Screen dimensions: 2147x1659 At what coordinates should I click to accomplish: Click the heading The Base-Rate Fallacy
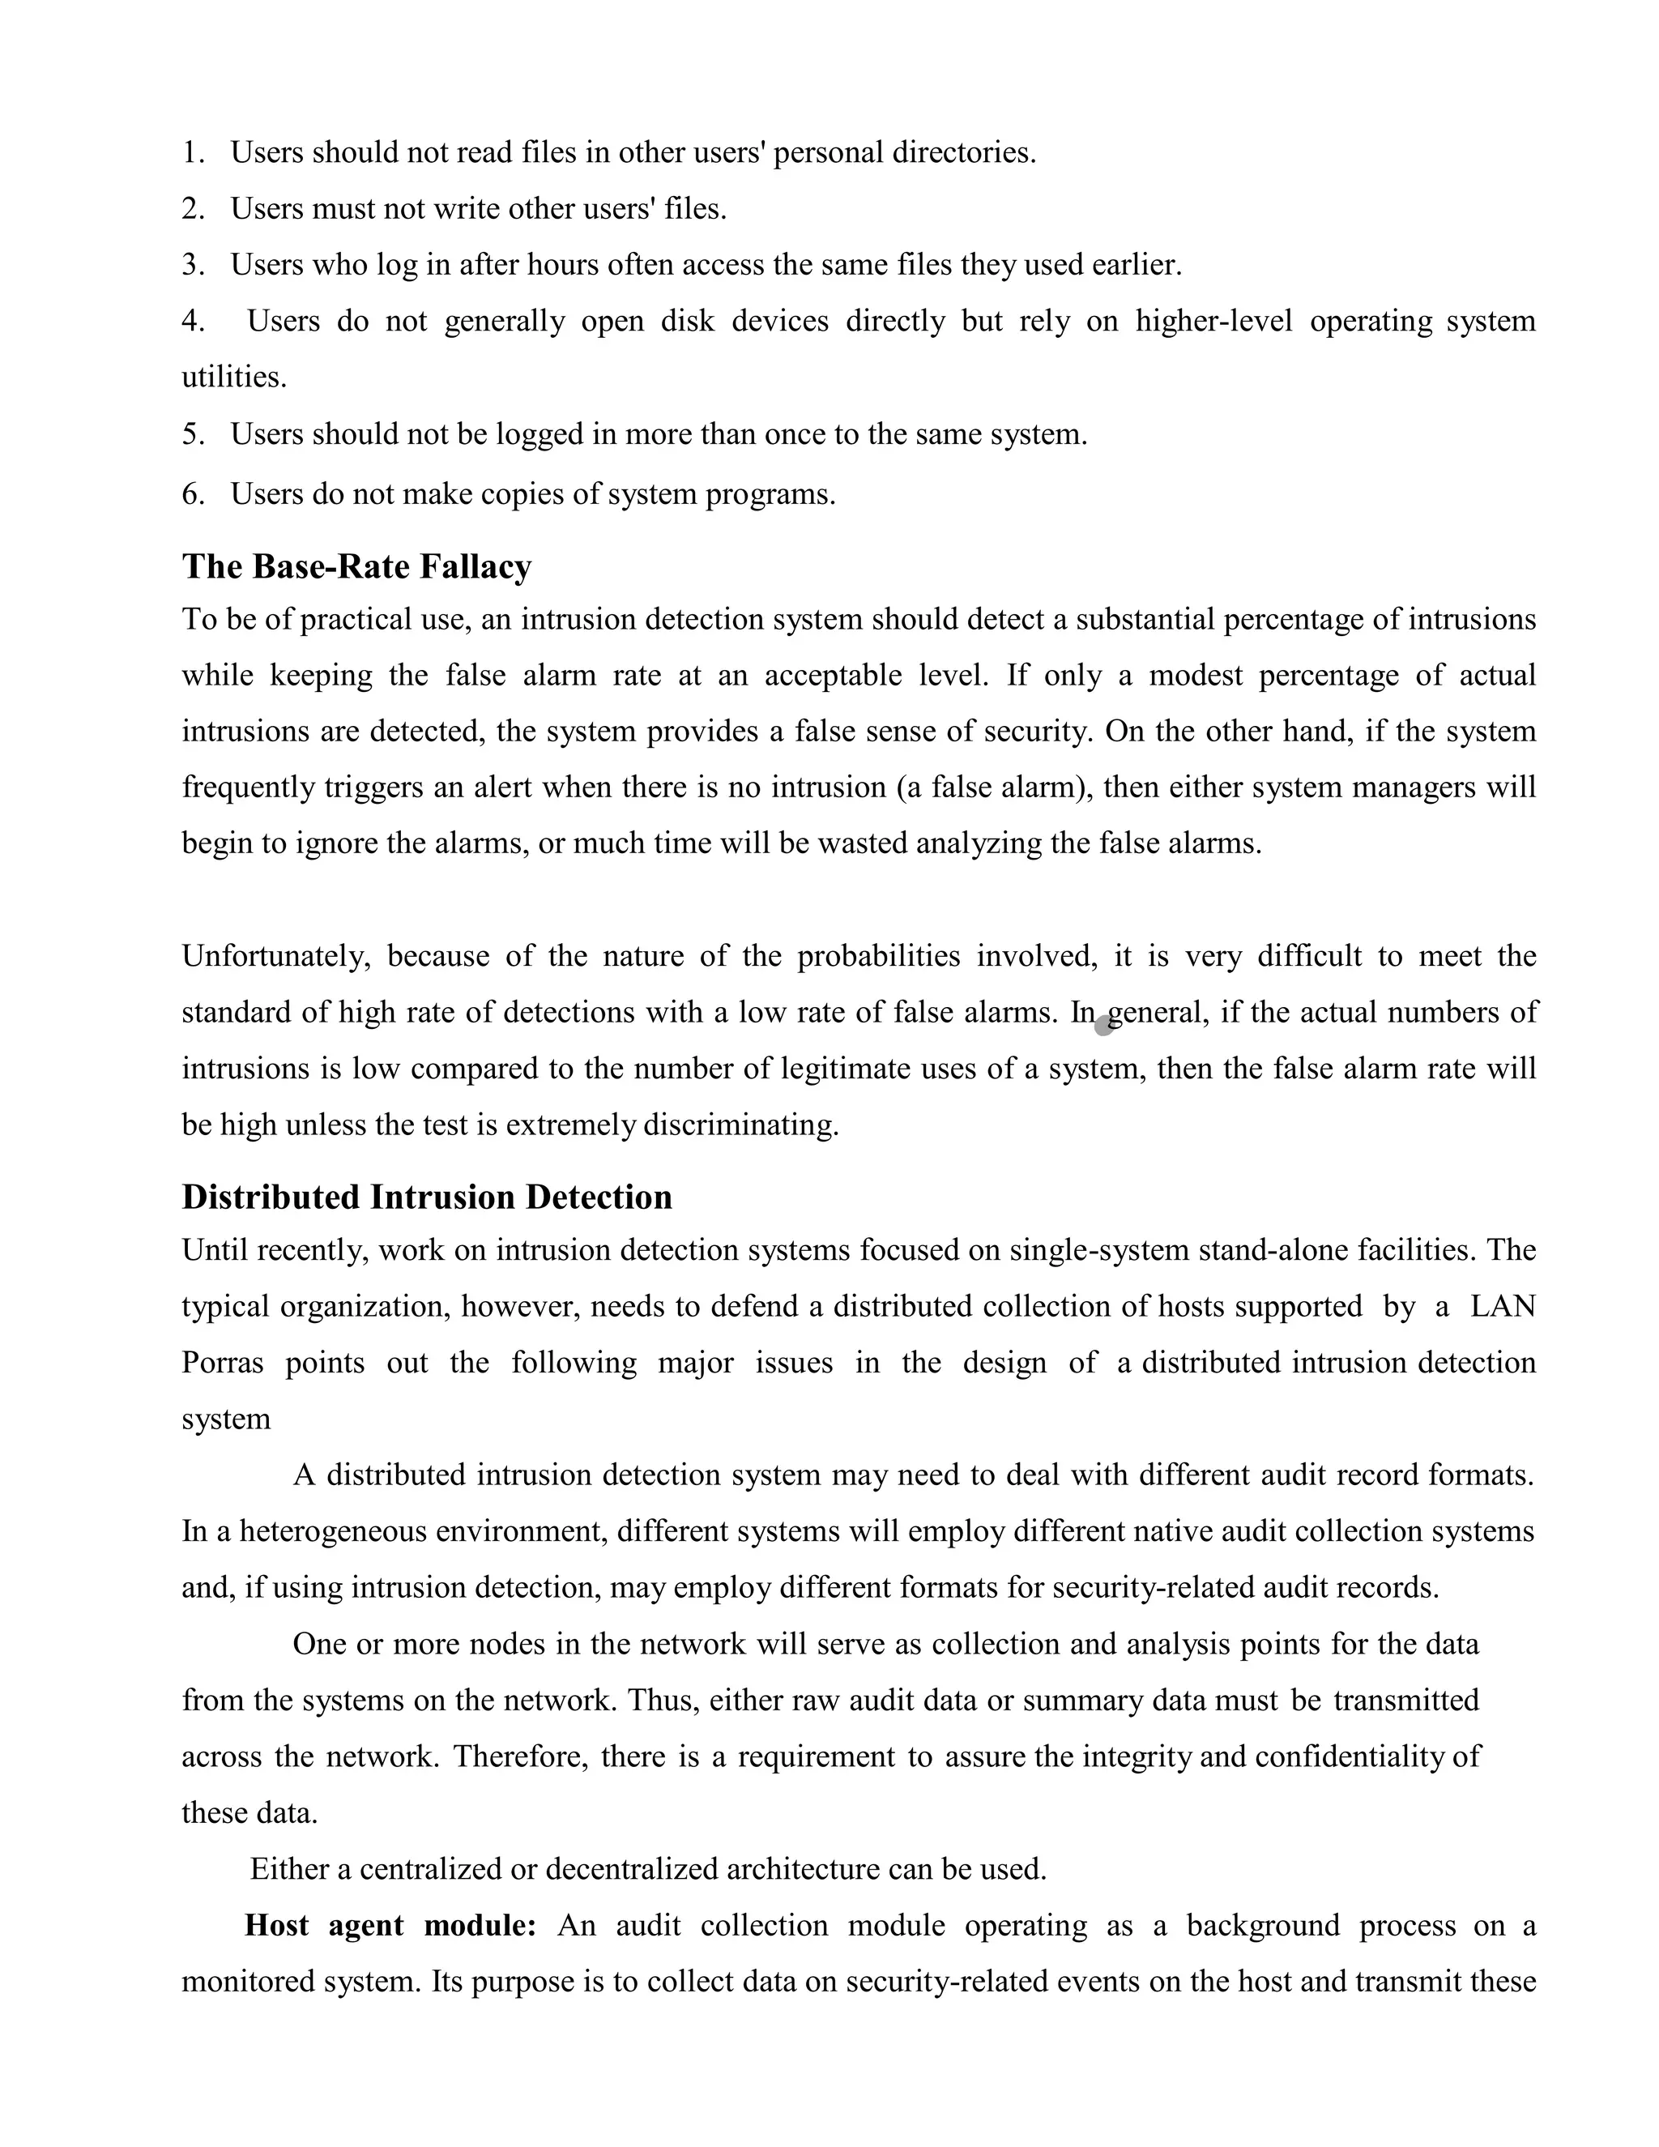(356, 567)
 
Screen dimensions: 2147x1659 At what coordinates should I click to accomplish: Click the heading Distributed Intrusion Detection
(427, 1197)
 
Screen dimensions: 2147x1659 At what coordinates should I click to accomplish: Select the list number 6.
(192, 494)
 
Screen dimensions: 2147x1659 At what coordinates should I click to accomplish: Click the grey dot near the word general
(1104, 1026)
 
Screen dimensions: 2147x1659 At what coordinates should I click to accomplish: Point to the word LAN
(1502, 1307)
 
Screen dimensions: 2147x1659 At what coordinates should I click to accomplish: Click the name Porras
(222, 1364)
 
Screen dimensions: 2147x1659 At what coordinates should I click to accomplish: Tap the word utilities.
(234, 378)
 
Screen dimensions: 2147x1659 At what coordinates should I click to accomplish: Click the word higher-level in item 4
(1213, 322)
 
